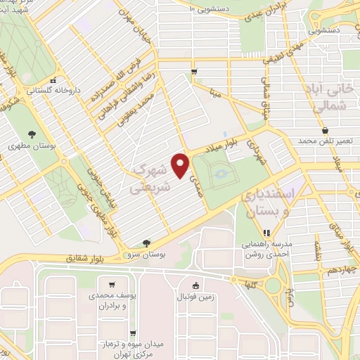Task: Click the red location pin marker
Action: click(x=182, y=165)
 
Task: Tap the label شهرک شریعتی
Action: click(x=150, y=179)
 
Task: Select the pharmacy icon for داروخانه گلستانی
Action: click(x=61, y=79)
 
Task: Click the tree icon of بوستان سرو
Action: click(x=146, y=242)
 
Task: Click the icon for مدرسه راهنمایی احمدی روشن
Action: click(x=265, y=233)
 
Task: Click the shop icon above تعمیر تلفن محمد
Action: click(x=324, y=130)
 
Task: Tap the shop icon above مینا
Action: click(x=195, y=71)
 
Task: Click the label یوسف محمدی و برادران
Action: click(x=112, y=302)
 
